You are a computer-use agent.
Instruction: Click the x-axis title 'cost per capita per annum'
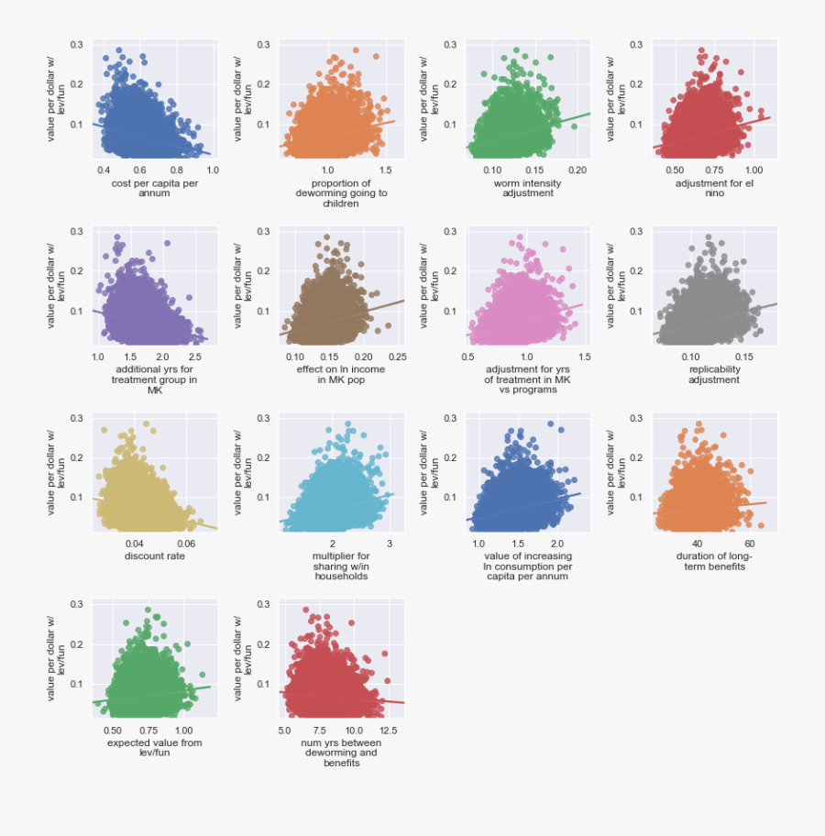(x=154, y=188)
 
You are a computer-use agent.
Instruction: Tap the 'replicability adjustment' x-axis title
(x=714, y=375)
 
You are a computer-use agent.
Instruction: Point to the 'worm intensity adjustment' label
(x=528, y=188)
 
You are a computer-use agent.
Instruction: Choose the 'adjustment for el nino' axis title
(x=714, y=188)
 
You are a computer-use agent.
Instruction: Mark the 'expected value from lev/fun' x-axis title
(x=154, y=747)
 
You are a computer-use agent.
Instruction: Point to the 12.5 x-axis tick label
(x=388, y=730)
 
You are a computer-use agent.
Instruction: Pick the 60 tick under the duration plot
(x=736, y=543)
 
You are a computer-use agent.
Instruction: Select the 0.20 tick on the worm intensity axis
(x=577, y=170)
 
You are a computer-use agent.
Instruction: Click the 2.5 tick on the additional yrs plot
(x=195, y=357)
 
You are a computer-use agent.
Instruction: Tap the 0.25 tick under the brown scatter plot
(x=397, y=357)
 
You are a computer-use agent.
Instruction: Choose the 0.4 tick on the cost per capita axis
(x=103, y=170)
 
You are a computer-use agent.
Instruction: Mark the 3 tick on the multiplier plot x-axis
(x=390, y=543)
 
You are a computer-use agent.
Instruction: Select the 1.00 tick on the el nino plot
(x=753, y=170)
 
